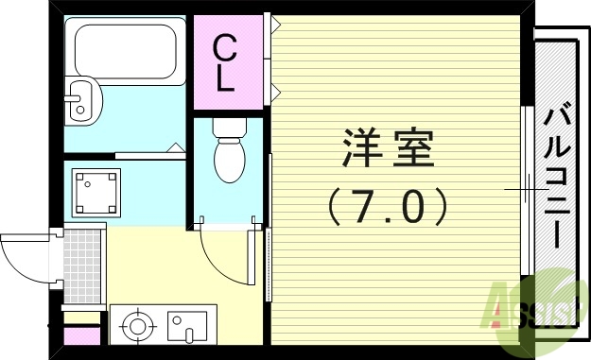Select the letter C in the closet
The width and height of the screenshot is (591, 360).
coord(225,46)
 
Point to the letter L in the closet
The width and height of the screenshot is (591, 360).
coord(225,79)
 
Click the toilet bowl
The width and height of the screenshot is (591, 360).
coord(228,157)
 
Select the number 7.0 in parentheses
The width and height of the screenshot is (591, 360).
coord(387,205)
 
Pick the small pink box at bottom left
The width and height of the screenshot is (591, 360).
coord(81,334)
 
